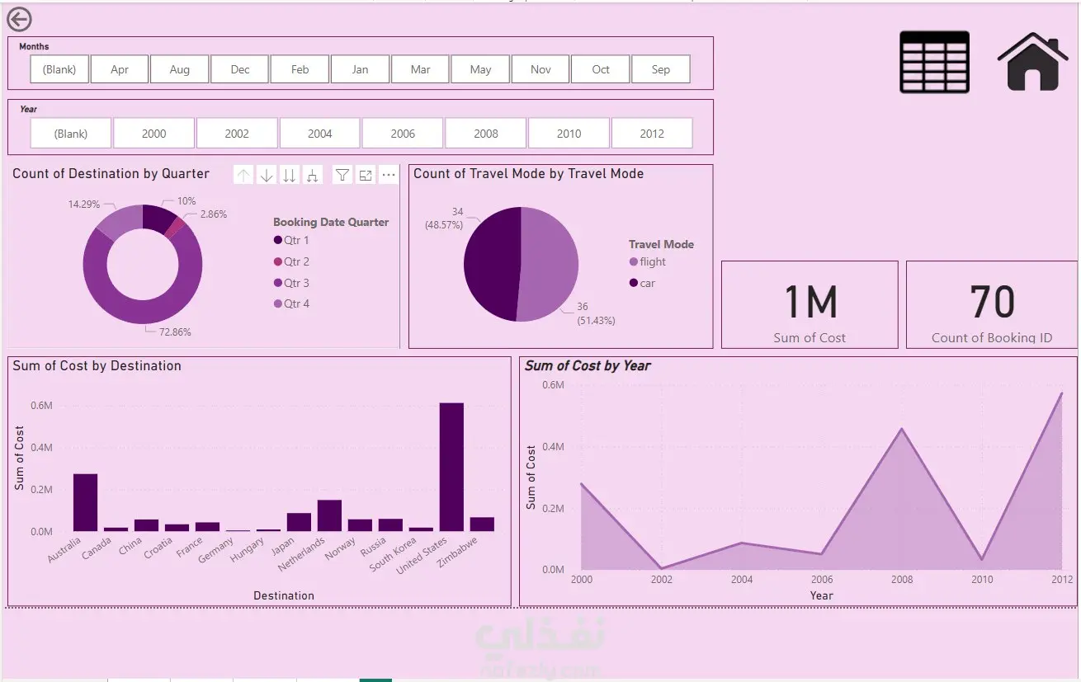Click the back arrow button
point(19,20)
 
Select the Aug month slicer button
point(179,69)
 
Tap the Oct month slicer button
point(601,69)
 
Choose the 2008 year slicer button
point(486,133)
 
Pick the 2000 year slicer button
point(154,133)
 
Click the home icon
point(1032,61)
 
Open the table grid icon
point(934,62)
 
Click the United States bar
point(451,467)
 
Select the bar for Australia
point(85,502)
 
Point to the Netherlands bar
point(329,515)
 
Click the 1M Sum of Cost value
point(810,303)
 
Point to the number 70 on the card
point(992,303)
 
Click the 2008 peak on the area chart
point(902,429)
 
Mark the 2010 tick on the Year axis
point(982,580)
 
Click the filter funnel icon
point(342,175)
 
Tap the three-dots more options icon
point(389,175)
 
